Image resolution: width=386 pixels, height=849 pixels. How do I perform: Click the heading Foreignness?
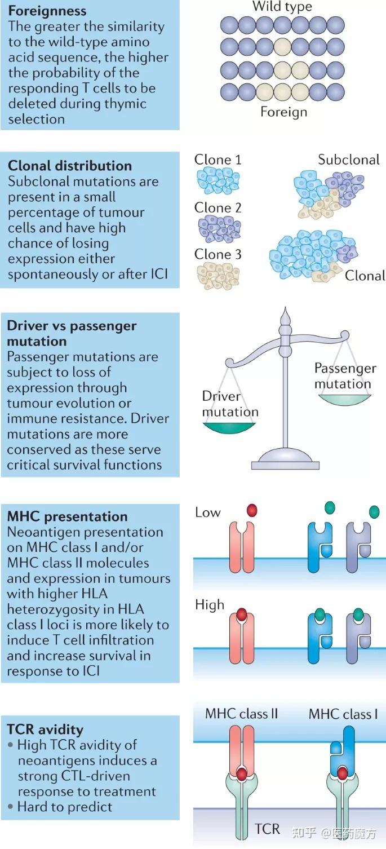tap(47, 11)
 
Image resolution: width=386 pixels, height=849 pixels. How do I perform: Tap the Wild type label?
tap(282, 6)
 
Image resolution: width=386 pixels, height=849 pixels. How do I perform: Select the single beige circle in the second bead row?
tap(282, 47)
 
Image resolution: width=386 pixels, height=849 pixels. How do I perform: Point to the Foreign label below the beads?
tap(283, 112)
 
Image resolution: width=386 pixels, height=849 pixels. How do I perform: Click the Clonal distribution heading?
tap(70, 166)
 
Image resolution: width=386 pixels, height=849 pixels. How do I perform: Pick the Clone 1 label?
tap(218, 160)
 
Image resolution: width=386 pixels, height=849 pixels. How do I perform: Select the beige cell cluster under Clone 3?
tap(219, 276)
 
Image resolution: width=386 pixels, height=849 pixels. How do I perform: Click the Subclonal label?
tap(348, 160)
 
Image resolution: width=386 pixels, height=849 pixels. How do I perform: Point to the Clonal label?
tap(365, 276)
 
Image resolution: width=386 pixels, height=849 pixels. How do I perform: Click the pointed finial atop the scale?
tap(285, 316)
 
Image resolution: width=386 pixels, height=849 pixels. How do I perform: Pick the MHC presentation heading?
tap(67, 516)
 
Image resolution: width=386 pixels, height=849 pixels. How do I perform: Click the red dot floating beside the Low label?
tap(252, 510)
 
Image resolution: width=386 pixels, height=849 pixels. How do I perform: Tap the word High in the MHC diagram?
tap(210, 604)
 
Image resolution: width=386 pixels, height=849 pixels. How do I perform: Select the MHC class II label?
tap(241, 714)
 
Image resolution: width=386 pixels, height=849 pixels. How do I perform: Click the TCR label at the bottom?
tap(267, 829)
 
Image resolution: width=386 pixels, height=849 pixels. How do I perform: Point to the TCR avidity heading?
tap(45, 729)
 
